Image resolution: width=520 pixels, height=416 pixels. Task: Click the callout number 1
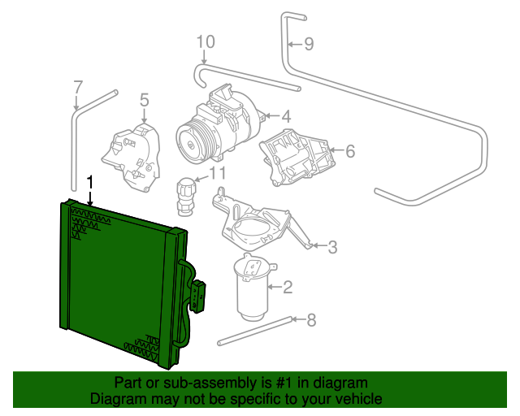90,182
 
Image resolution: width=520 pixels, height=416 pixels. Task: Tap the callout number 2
287,286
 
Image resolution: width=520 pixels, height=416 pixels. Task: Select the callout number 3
332,246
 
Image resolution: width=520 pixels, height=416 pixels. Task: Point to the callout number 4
287,116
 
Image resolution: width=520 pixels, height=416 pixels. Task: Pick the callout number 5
144,100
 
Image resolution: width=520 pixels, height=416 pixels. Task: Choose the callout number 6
350,150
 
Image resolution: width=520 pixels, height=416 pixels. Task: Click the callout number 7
78,86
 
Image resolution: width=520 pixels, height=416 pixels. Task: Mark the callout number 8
311,319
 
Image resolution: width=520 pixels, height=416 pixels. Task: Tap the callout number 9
309,44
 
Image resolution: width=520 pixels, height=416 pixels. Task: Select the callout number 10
206,41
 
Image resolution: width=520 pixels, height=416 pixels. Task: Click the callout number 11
218,173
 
